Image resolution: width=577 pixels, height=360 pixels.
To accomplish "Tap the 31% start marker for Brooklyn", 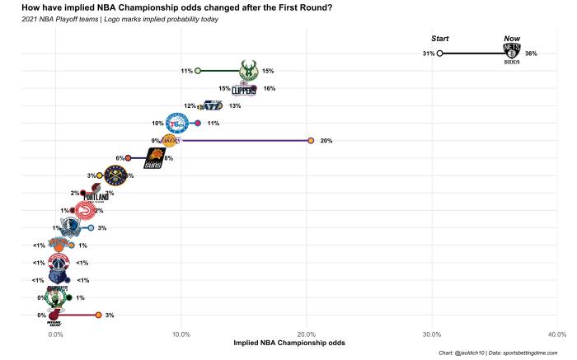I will tap(439, 54).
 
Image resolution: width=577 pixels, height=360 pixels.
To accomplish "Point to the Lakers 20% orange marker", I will tap(310, 141).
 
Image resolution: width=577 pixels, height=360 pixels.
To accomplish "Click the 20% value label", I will tap(326, 141).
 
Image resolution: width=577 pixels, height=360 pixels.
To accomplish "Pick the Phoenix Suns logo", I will tap(154, 158).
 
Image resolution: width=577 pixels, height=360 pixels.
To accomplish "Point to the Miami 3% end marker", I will tap(98, 316).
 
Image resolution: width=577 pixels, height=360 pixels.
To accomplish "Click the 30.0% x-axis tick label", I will tap(431, 334).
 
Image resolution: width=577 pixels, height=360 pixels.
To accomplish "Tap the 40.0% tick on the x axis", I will tap(556, 334).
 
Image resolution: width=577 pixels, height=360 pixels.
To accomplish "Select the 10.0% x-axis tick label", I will tap(181, 334).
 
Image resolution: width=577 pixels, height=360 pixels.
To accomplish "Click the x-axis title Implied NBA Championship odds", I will tap(289, 344).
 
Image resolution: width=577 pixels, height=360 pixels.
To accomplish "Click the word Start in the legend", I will tap(440, 39).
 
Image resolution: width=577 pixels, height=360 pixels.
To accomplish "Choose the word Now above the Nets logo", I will tap(512, 39).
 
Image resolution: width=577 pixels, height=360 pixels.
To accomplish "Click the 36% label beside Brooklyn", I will tap(531, 54).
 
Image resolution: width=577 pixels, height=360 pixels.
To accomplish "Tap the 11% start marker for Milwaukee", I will tap(198, 71).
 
